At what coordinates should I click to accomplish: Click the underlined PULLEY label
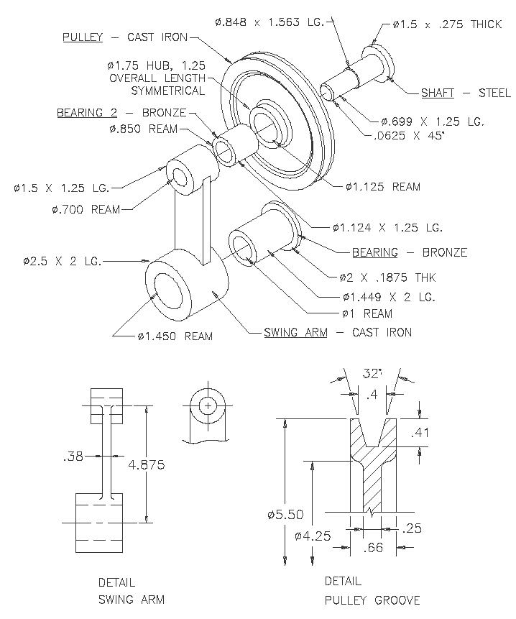click(83, 37)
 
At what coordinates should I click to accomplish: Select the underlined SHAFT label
click(438, 93)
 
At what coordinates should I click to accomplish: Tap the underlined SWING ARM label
click(295, 332)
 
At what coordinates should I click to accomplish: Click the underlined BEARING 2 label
click(87, 112)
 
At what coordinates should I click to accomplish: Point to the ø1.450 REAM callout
click(175, 336)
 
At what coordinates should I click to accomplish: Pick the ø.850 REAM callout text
click(144, 129)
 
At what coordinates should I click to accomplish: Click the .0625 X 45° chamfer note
click(409, 136)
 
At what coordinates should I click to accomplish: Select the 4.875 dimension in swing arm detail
click(147, 464)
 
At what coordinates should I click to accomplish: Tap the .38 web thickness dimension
click(73, 457)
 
